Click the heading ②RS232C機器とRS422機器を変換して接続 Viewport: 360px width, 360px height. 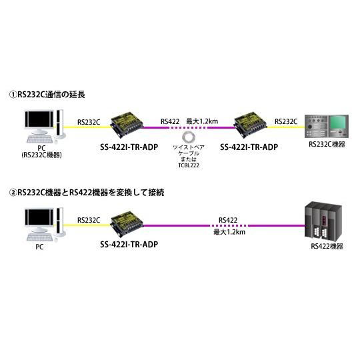87,192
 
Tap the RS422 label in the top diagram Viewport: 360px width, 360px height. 169,121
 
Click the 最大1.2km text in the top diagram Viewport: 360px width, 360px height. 203,121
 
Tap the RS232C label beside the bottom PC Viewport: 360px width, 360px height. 89,219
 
